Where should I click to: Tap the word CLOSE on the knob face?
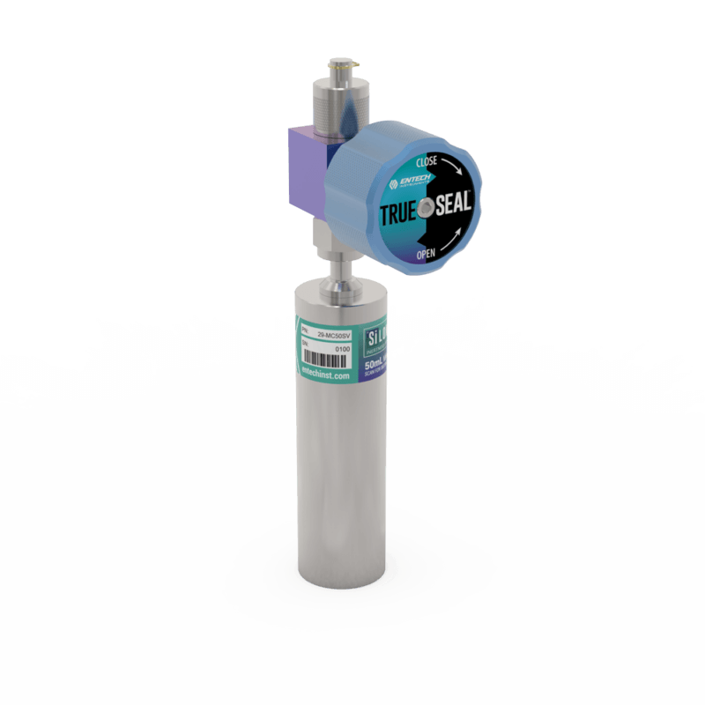[426, 162]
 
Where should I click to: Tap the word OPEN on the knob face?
[426, 255]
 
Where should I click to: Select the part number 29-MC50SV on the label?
[335, 336]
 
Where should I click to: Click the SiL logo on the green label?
[376, 338]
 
